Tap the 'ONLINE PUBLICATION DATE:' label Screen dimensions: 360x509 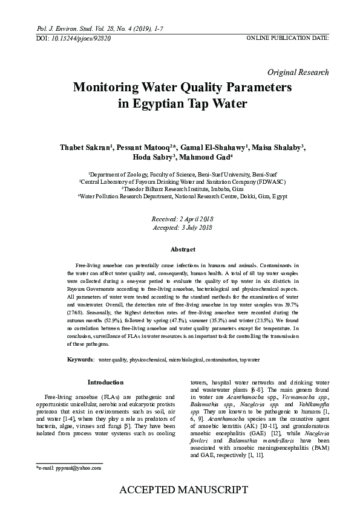click(287, 38)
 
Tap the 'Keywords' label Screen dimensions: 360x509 click(80, 360)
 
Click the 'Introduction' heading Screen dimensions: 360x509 click(105, 382)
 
